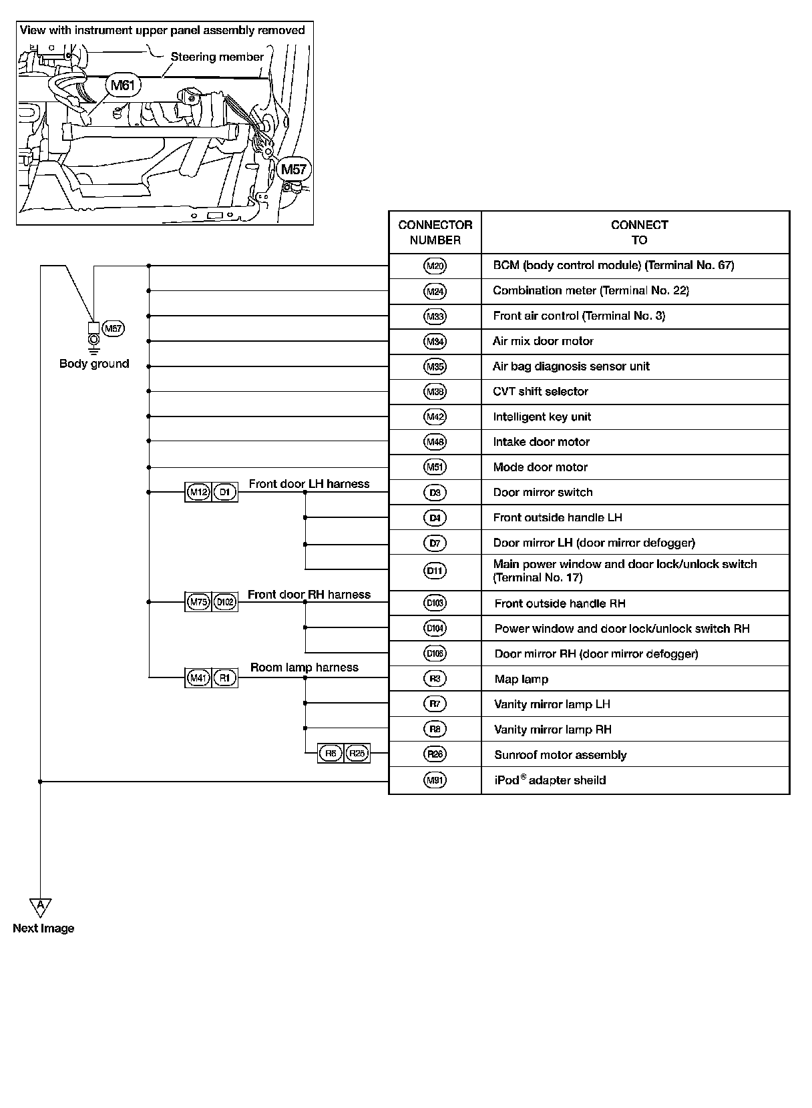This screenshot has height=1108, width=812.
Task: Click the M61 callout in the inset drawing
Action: click(122, 85)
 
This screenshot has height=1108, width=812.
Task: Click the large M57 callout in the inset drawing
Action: click(293, 170)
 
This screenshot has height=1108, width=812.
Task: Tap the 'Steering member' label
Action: click(217, 57)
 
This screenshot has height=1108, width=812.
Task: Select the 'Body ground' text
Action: click(94, 364)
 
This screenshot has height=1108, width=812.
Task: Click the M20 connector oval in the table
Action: click(435, 266)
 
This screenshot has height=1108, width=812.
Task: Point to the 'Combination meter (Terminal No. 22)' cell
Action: click(591, 290)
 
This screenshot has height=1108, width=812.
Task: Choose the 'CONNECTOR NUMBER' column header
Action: click(435, 232)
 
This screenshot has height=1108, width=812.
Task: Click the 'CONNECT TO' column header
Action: click(639, 232)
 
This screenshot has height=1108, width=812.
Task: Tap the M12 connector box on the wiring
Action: click(198, 493)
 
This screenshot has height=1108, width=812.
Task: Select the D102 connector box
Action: click(225, 602)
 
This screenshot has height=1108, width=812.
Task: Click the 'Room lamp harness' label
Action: click(304, 667)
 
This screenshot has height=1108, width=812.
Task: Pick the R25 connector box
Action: click(357, 754)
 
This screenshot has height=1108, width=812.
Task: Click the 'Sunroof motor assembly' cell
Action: click(560, 755)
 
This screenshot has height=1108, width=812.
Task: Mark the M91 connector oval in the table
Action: click(435, 780)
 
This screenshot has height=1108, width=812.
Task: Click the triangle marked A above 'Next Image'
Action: click(41, 906)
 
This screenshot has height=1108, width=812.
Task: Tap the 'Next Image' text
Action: click(43, 928)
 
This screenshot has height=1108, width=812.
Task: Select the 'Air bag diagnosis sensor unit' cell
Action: click(571, 366)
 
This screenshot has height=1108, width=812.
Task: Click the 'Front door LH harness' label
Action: click(309, 484)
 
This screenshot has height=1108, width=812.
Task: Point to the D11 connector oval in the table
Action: click(435, 571)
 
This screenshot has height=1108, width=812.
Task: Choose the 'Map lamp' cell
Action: click(522, 679)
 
